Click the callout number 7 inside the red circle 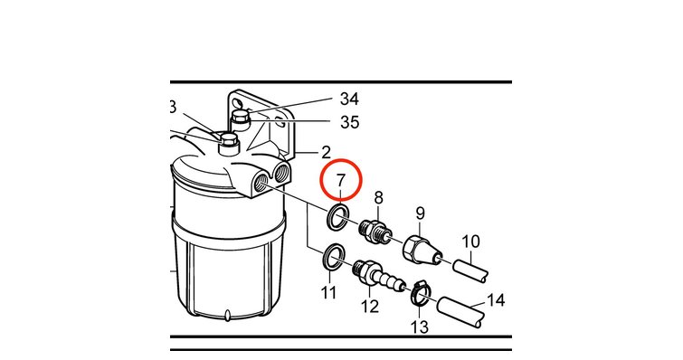(341, 181)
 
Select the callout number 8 (378, 197)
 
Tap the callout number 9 (420, 213)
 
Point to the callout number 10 (470, 242)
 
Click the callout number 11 (329, 292)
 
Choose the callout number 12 (370, 307)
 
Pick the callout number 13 (420, 327)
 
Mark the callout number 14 (496, 300)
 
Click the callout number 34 (349, 99)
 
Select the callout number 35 (350, 123)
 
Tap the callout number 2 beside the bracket (327, 153)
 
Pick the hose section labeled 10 (470, 270)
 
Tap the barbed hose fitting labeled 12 (379, 276)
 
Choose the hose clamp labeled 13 (421, 292)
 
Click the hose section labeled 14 (460, 312)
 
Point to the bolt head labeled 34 (240, 116)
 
